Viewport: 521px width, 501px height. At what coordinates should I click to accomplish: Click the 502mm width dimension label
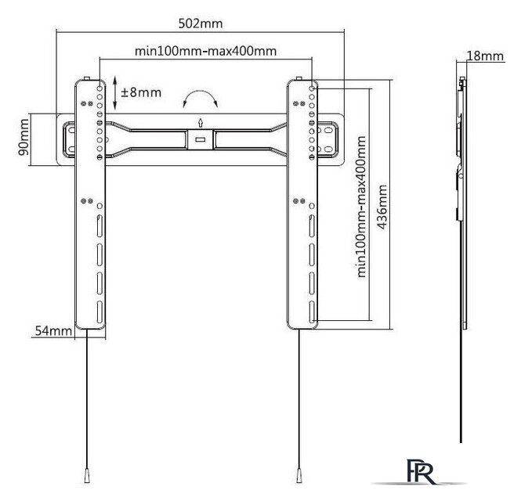(201, 23)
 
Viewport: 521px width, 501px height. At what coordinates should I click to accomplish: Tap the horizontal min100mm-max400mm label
(206, 51)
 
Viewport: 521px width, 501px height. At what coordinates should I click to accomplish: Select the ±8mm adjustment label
(141, 92)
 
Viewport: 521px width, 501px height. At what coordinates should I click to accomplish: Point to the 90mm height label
(24, 138)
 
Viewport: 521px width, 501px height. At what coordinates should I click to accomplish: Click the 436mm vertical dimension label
(382, 207)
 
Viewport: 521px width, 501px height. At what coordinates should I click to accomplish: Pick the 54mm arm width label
(53, 330)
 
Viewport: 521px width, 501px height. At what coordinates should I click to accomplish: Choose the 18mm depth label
(486, 56)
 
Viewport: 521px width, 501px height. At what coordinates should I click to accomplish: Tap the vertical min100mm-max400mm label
(361, 207)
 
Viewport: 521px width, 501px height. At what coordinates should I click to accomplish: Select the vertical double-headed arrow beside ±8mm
(114, 92)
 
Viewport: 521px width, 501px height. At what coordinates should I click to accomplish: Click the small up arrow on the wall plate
(200, 122)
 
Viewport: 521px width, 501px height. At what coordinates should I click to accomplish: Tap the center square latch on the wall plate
(200, 140)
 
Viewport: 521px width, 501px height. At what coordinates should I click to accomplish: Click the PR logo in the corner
(421, 472)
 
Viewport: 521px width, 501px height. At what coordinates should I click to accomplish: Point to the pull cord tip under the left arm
(87, 475)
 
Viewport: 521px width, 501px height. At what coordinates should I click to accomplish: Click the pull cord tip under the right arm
(299, 475)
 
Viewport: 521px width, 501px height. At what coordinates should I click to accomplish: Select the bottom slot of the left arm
(99, 312)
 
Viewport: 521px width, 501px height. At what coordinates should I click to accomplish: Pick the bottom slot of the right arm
(312, 312)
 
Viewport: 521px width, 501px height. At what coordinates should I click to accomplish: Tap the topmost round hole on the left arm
(99, 88)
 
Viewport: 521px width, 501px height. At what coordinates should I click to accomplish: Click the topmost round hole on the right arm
(312, 88)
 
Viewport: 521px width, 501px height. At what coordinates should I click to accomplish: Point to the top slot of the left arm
(99, 226)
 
